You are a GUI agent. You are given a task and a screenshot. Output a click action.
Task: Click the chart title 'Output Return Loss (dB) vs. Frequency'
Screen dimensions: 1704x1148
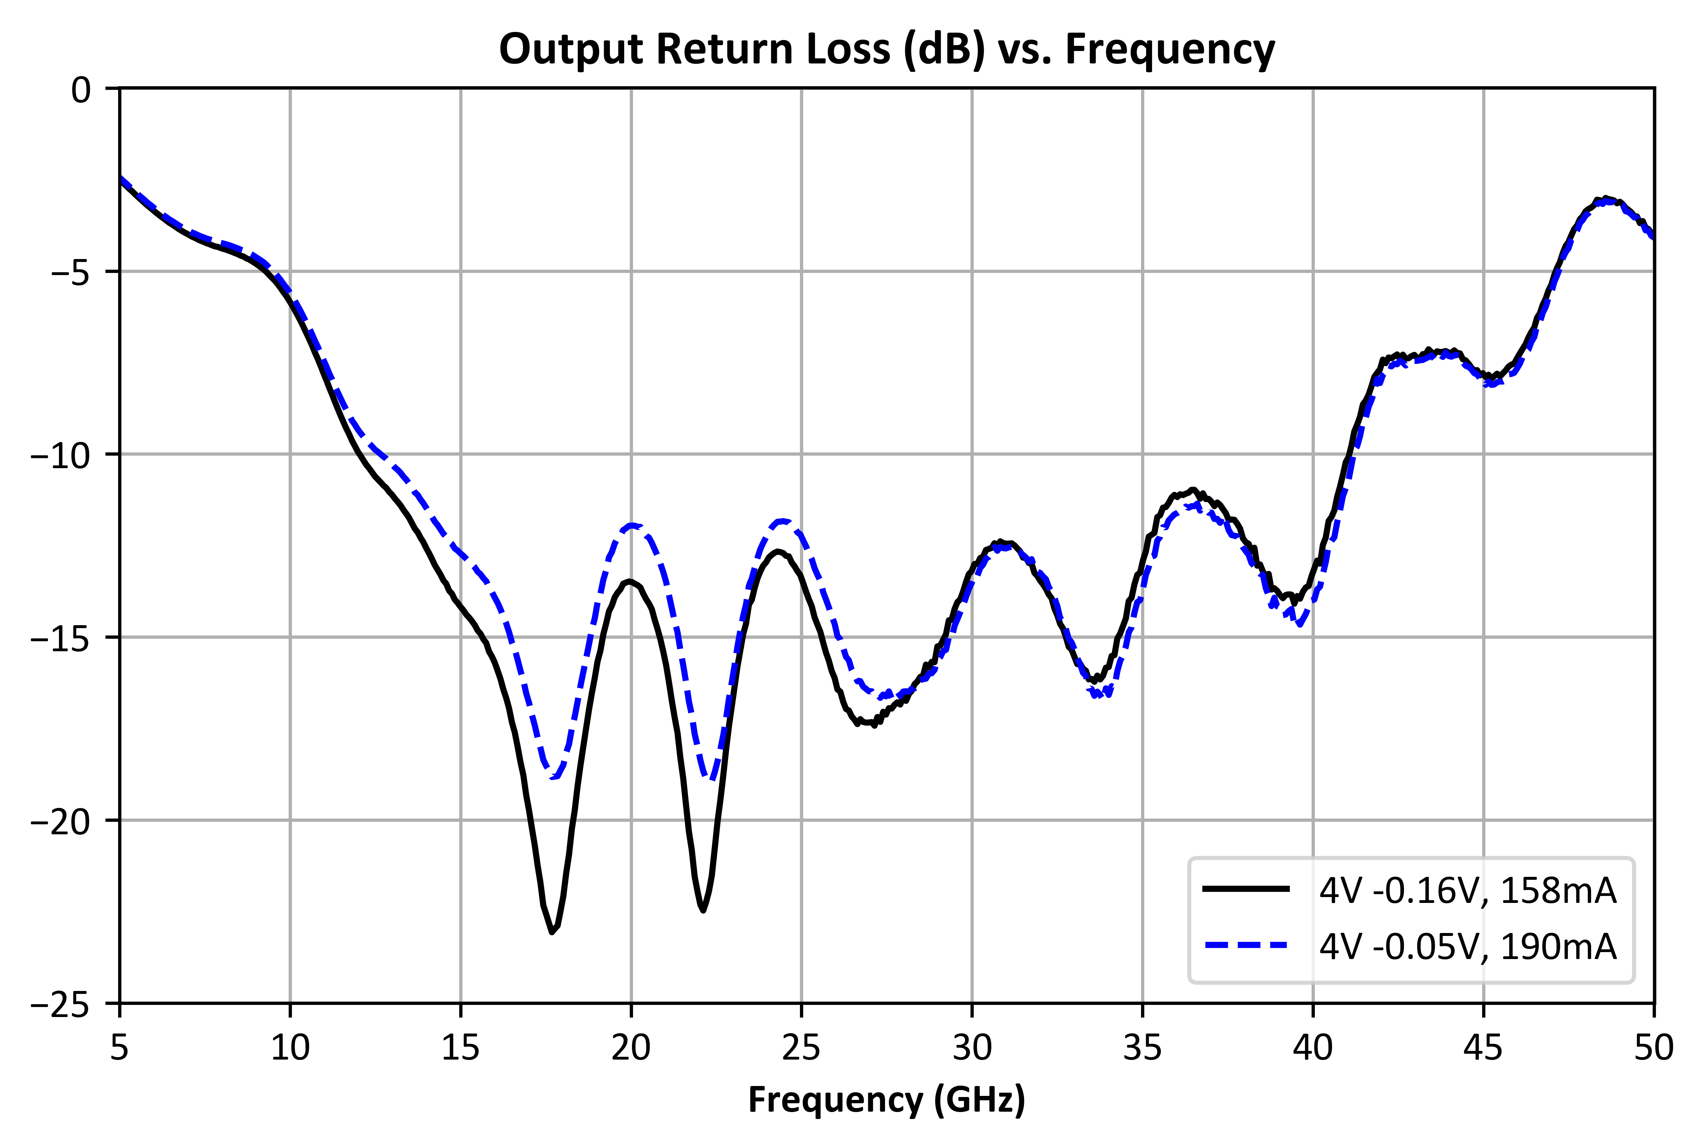(886, 50)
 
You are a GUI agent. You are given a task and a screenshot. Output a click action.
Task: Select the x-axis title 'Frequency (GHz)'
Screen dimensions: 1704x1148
(886, 1100)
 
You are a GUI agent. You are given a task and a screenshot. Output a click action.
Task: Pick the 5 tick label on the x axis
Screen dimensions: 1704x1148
(119, 1049)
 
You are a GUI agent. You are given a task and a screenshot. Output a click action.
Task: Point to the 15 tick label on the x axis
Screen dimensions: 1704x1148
(460, 1049)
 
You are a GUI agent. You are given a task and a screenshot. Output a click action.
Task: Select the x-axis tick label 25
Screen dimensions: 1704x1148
(801, 1049)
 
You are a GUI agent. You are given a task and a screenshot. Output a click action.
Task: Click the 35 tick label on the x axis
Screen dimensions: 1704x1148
(1142, 1049)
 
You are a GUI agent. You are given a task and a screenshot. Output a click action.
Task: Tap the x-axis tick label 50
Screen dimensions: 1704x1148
(1653, 1049)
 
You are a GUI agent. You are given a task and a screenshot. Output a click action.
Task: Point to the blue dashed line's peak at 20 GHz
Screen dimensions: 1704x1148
(632, 525)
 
